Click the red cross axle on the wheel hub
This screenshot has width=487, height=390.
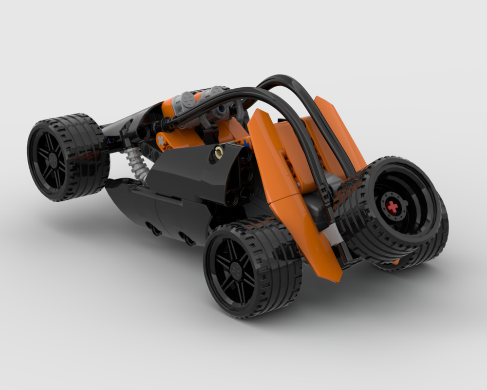pos(393,207)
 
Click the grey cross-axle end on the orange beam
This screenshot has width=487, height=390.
pos(161,141)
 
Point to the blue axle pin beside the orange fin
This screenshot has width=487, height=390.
pos(247,143)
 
